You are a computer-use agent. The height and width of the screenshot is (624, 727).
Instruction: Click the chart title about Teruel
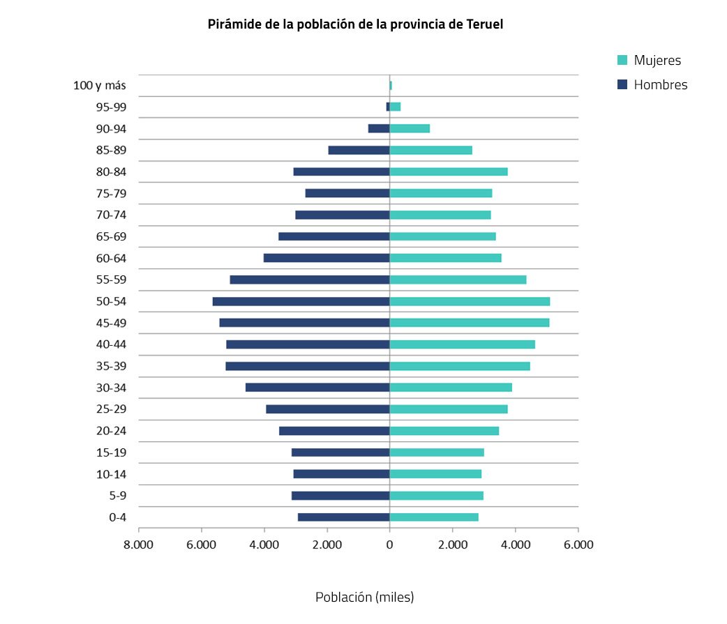tap(355, 24)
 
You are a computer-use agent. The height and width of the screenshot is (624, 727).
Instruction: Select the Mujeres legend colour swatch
tap(623, 60)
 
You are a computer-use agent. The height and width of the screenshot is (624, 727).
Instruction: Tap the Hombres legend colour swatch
tap(623, 84)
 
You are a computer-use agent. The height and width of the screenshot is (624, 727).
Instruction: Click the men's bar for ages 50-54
tap(301, 301)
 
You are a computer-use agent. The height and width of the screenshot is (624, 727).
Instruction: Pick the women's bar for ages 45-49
tap(470, 323)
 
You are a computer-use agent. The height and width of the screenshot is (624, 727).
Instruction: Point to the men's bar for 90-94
tap(379, 128)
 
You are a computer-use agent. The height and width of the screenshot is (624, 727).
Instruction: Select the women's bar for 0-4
tap(434, 517)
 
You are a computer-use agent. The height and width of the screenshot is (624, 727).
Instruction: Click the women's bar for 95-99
tap(395, 107)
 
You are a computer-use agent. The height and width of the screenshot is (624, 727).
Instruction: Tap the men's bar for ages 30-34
tap(317, 388)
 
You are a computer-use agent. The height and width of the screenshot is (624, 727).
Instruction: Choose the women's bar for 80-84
tap(449, 172)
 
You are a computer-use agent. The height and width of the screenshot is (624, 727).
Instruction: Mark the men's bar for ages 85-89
tap(359, 150)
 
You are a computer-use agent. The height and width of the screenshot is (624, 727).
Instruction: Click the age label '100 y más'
tap(99, 86)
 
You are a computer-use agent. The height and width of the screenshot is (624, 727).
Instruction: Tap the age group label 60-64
tap(111, 259)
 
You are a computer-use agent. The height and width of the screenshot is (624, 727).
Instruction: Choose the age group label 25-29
tap(111, 410)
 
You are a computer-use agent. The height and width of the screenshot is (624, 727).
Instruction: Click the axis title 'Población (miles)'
tap(364, 598)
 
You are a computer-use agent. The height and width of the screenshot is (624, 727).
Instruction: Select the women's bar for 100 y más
tap(391, 85)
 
